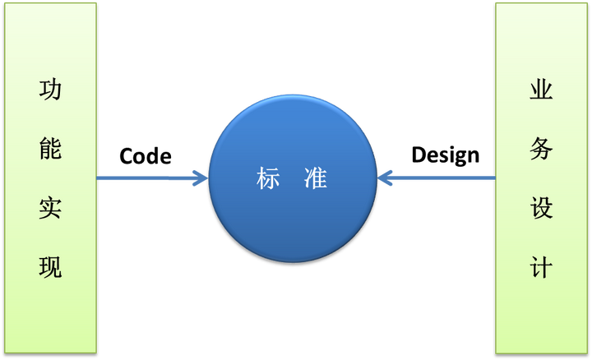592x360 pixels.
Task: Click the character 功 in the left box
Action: click(x=50, y=91)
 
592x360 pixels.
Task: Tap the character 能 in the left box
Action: click(x=50, y=150)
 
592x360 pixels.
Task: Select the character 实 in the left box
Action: click(x=50, y=209)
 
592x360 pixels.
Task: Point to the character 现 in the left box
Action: click(x=50, y=267)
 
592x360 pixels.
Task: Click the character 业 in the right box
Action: click(x=541, y=91)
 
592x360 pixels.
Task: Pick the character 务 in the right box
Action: click(x=541, y=150)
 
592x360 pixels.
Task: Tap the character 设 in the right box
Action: click(x=541, y=209)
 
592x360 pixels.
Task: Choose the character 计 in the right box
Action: click(x=541, y=267)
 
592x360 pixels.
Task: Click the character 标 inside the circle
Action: click(x=269, y=178)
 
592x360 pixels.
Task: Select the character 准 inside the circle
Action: click(x=315, y=178)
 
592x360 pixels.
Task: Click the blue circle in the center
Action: click(x=292, y=222)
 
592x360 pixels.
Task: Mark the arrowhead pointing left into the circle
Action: click(x=386, y=178)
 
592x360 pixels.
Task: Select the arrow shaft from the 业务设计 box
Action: click(x=444, y=178)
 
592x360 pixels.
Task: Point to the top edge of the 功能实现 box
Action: click(x=50, y=2)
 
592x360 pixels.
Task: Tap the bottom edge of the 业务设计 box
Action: click(x=541, y=352)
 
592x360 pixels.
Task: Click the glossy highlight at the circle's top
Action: click(x=292, y=111)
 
